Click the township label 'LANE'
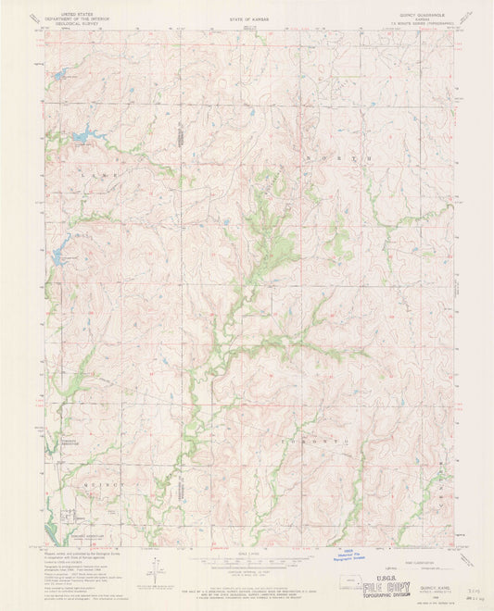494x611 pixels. pos(89,172)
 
